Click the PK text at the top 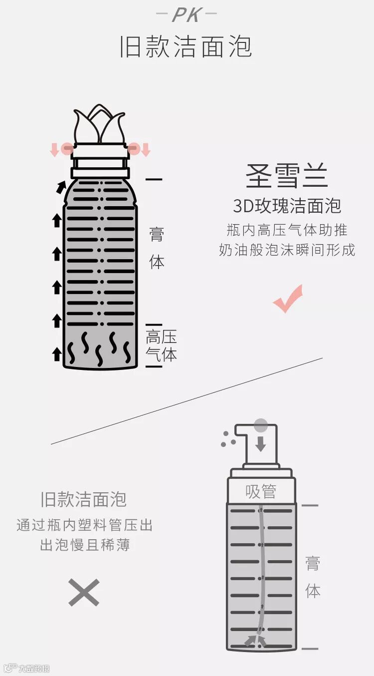187,14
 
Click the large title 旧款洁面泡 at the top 187,47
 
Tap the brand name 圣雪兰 287,176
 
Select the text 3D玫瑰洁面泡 287,206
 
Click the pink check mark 288,299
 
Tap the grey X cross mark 84,593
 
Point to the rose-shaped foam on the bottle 99,124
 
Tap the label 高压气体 161,345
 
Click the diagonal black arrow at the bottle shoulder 61,187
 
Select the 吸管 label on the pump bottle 261,491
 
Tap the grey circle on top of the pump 261,425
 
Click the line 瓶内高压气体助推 287,230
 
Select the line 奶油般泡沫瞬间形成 287,250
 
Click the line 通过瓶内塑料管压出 84,525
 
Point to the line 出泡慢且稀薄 84,545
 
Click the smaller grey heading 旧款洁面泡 84,499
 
